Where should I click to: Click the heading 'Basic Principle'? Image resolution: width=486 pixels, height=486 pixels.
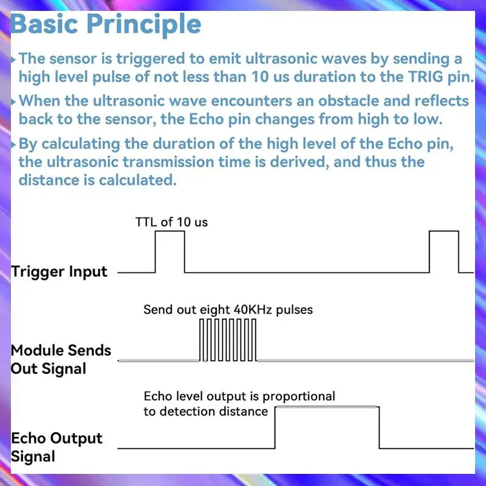[x=106, y=24]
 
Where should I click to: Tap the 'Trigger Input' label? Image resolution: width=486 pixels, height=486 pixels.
[x=60, y=272]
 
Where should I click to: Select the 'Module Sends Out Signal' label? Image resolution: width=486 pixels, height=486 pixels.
[x=61, y=359]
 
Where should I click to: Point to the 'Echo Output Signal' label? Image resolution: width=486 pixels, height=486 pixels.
[x=57, y=447]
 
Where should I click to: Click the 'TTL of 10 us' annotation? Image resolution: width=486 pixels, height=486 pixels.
[x=171, y=222]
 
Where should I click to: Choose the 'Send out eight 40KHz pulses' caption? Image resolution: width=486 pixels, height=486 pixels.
[x=228, y=310]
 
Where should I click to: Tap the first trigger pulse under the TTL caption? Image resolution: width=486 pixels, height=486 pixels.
[x=169, y=253]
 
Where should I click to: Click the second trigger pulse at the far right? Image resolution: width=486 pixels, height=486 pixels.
[x=443, y=252]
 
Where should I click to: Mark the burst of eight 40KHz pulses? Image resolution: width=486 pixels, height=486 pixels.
[x=228, y=340]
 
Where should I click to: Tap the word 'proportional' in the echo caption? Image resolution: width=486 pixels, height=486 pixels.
[x=296, y=397]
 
